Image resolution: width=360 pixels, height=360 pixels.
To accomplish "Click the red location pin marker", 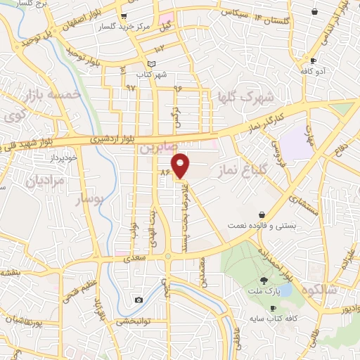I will (x=181, y=165).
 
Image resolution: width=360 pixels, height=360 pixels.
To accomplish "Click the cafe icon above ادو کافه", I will (x=304, y=61).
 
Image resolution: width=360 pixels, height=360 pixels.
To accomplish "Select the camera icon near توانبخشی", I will (x=139, y=300).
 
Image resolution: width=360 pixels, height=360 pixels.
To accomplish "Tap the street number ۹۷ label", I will (x=131, y=86).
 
